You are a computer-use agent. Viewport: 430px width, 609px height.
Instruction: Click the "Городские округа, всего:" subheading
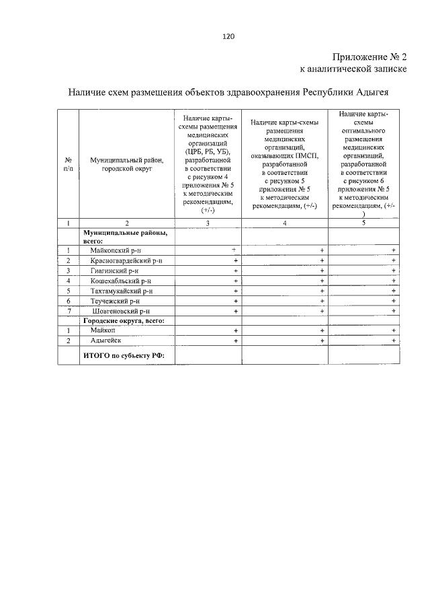coord(124,321)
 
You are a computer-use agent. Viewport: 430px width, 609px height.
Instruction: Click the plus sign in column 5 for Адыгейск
coord(394,341)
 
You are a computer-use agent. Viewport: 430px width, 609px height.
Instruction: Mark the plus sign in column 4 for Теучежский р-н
coord(322,301)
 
